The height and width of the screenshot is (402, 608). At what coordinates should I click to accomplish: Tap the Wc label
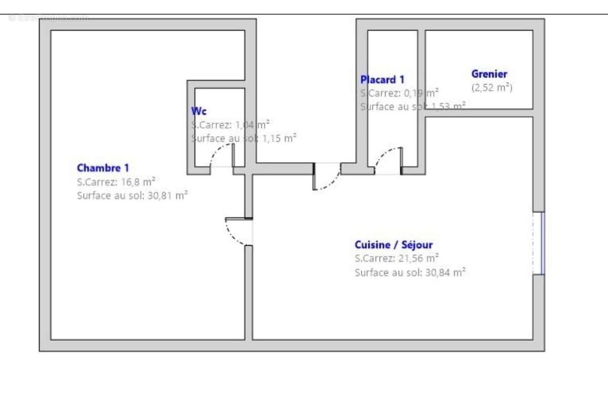199,111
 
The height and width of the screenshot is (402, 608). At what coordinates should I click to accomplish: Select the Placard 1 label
382,79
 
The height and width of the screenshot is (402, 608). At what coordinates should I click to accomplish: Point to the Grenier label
489,74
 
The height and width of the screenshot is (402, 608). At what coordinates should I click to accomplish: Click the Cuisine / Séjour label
394,245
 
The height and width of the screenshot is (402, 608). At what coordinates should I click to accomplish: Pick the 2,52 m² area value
491,88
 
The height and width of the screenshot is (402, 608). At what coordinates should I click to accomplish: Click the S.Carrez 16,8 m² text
116,181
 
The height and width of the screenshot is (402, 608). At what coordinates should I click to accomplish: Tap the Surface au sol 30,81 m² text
132,196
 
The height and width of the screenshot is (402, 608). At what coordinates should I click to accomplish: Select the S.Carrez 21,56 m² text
397,259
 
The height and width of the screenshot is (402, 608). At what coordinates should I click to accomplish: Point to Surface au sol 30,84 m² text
410,272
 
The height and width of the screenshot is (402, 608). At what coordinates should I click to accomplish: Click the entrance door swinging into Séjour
327,178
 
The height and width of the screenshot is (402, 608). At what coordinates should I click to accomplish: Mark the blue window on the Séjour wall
542,243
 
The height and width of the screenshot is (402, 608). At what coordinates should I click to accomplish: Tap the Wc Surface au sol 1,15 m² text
244,138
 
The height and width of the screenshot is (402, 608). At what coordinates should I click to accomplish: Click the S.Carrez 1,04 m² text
231,124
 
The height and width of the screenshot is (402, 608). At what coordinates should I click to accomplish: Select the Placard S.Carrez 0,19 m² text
399,93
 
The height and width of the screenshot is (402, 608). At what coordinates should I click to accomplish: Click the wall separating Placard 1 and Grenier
421,96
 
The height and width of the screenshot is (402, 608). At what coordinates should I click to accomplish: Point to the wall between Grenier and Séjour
479,113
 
